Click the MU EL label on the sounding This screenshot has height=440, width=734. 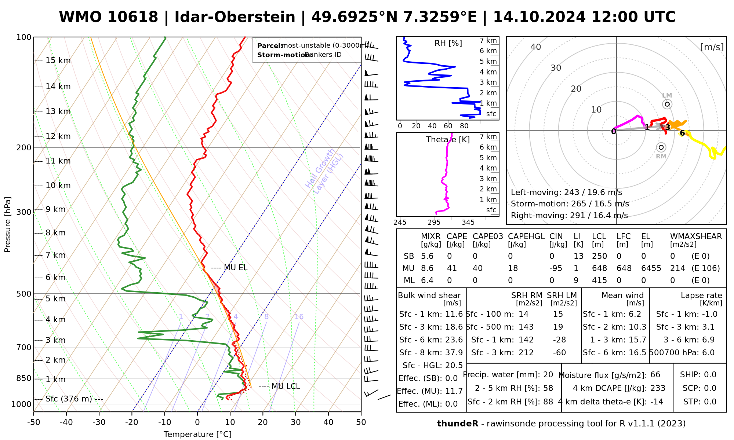click(235, 268)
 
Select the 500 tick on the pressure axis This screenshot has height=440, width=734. click(24, 294)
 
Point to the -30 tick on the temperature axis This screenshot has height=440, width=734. click(99, 422)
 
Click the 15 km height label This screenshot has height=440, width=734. click(58, 60)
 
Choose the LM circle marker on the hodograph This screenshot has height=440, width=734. click(667, 104)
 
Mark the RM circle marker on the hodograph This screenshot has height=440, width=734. click(661, 147)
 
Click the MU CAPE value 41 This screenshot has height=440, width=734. click(452, 268)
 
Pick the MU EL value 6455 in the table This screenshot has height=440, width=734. click(651, 268)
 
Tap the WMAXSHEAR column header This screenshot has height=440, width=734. click(696, 236)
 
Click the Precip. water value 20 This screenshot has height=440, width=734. click(548, 375)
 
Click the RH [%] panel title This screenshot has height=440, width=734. click(448, 43)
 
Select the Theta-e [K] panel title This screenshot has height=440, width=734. click(448, 140)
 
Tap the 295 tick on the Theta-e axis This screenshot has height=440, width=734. click(434, 223)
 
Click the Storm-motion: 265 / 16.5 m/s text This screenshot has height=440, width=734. click(570, 204)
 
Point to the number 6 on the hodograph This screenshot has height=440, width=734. click(682, 133)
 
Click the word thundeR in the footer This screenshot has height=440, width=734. click(457, 424)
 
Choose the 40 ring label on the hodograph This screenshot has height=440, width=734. click(536, 47)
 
